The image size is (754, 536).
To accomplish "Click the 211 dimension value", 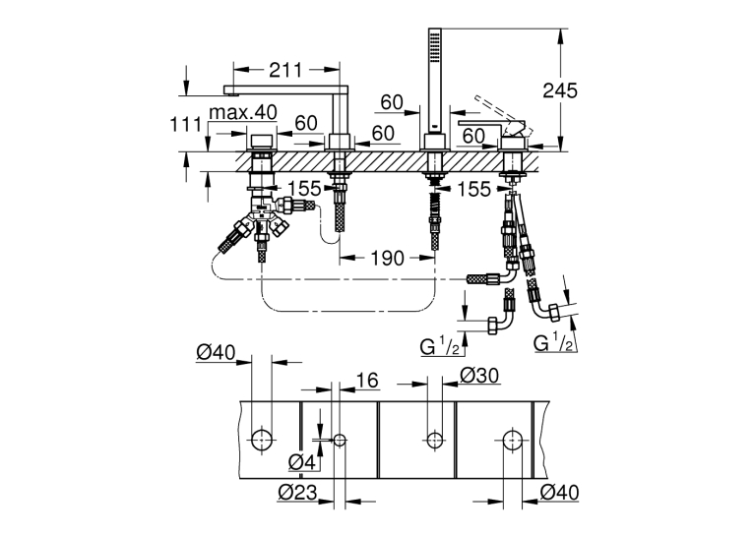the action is point(285,70).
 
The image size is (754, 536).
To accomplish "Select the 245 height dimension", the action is point(560,89).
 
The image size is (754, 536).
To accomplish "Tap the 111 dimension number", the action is point(186,124).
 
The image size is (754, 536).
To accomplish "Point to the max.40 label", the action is point(243,112).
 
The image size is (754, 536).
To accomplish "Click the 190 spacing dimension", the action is point(388,259).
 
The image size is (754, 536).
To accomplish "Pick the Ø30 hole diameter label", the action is point(479,375).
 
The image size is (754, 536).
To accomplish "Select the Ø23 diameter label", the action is point(297,492).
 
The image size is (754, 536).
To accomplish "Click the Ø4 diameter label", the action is point(302,462).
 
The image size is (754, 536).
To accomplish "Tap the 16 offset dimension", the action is point(367,381).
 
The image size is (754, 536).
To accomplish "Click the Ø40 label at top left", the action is point(216,353).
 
